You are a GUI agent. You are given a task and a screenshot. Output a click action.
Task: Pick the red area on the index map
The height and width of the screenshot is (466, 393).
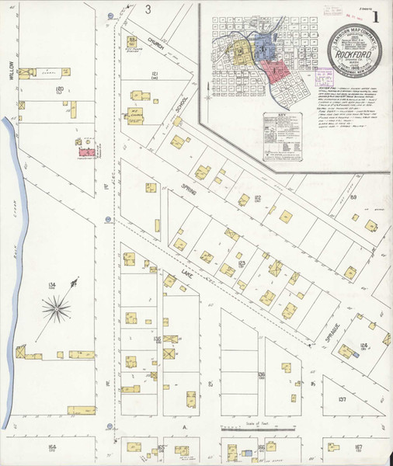pos(276,71)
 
